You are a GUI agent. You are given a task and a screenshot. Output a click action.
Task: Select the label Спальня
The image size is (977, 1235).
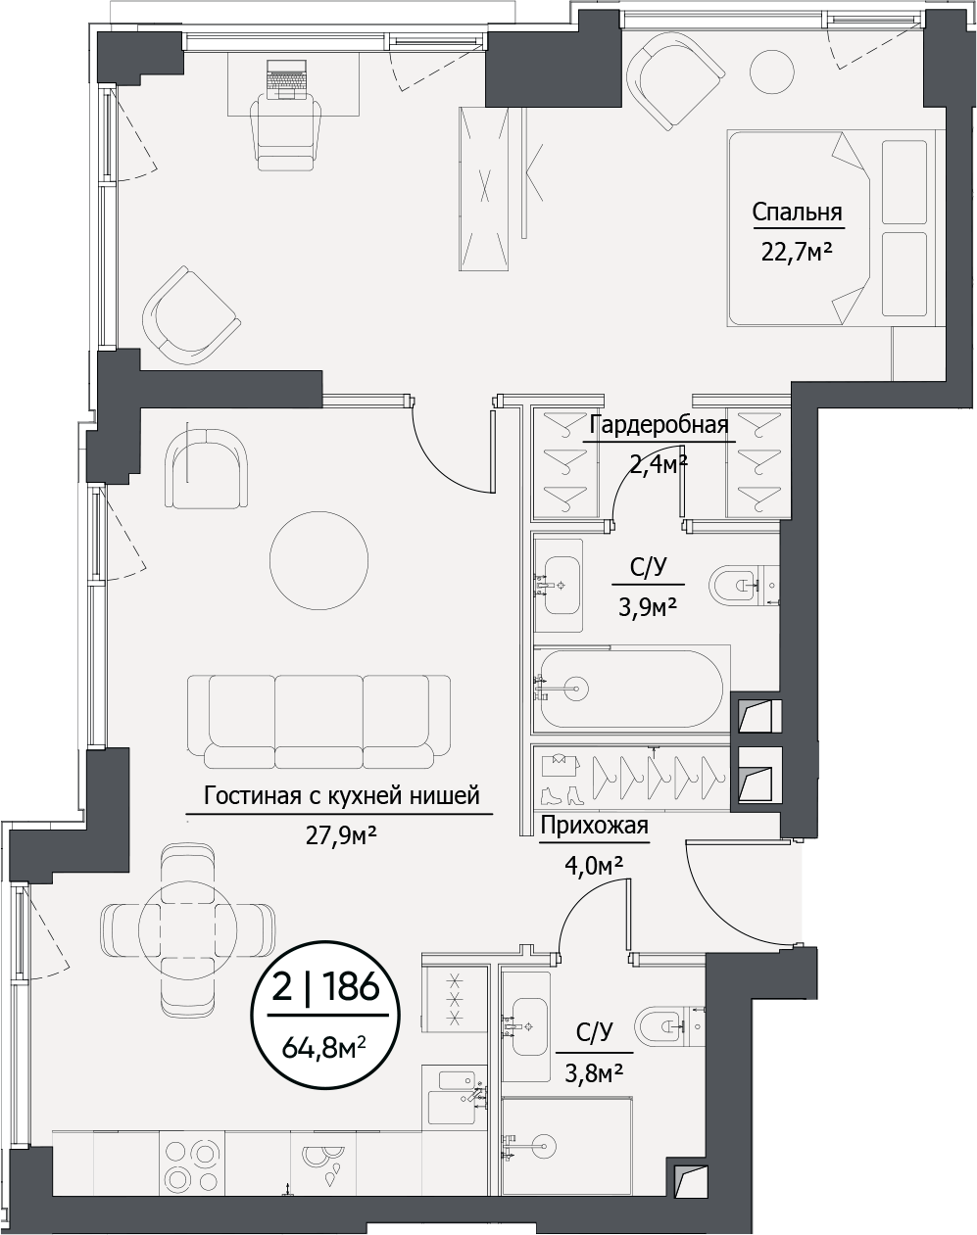(x=797, y=213)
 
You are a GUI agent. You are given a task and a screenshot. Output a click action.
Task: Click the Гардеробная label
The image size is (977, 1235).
(x=659, y=425)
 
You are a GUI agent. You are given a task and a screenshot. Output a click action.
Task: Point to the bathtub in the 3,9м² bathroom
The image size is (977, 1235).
(x=632, y=689)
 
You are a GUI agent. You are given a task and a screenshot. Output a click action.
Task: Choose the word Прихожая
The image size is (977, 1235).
(x=595, y=826)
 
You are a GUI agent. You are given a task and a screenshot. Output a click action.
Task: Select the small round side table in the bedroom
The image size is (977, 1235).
(x=774, y=70)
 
